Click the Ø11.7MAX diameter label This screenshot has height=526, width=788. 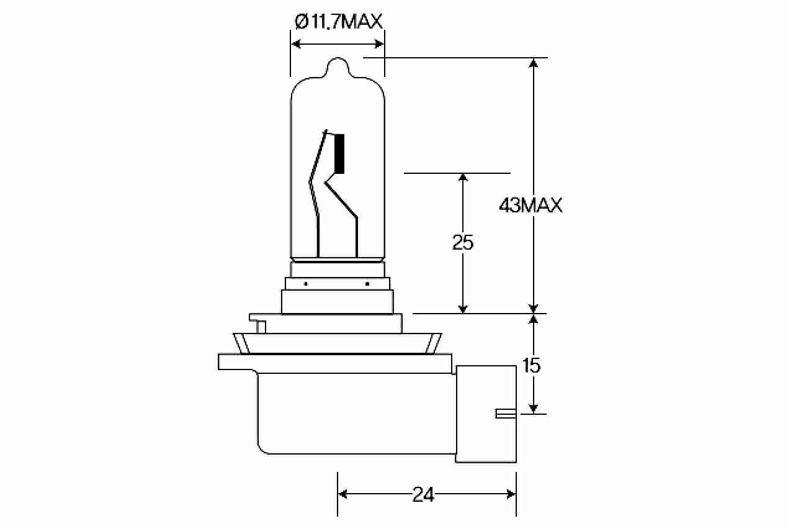[338, 22]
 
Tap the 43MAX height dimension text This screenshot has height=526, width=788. [531, 206]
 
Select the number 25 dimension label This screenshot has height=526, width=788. [463, 242]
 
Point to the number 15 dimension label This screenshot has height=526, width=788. [531, 365]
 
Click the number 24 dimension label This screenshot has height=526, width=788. [423, 495]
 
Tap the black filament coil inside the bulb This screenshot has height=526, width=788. [339, 154]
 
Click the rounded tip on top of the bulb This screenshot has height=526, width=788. [338, 67]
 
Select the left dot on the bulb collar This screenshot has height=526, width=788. [306, 284]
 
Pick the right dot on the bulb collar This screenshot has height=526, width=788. [367, 284]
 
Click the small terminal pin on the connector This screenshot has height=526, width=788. [506, 414]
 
